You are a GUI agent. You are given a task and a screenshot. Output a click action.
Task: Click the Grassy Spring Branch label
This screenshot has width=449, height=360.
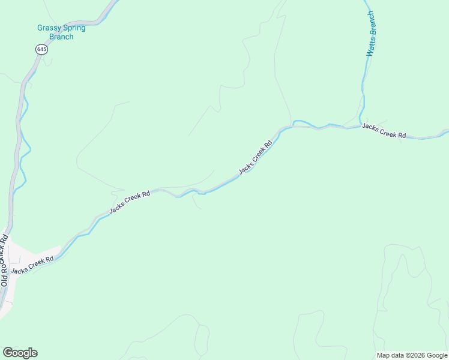coord(61,32)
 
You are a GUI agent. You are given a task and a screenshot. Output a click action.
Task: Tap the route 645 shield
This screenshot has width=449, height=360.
coord(41,50)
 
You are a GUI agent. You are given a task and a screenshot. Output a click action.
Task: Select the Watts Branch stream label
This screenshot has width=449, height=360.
coord(372,34)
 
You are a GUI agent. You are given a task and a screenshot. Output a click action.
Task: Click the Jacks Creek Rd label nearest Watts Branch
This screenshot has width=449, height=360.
coord(384,131)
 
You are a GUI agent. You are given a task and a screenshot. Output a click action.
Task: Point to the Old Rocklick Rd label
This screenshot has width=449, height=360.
coord(5,261)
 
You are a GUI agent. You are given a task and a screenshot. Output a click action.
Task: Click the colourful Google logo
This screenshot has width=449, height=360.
coord(20,353)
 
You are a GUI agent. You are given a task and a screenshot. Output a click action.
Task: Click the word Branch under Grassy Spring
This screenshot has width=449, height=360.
coord(61,37)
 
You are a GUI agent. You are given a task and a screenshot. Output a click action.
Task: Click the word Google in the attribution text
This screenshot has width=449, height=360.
coord(437,355)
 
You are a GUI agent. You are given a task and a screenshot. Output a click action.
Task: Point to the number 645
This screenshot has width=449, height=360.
coord(41,50)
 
